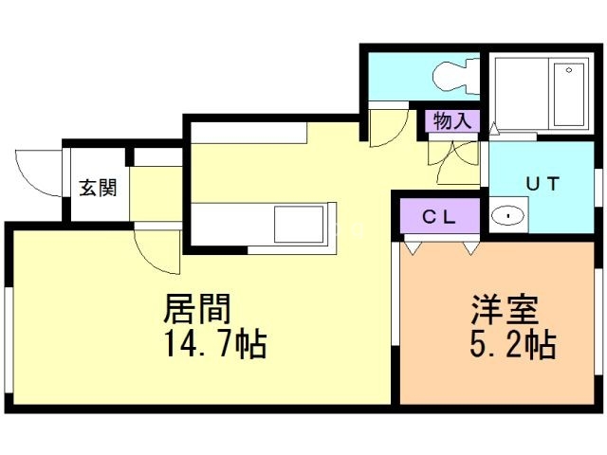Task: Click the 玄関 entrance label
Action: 98,187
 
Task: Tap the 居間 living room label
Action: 198,309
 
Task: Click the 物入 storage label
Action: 451,121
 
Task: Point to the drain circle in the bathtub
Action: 571,69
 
